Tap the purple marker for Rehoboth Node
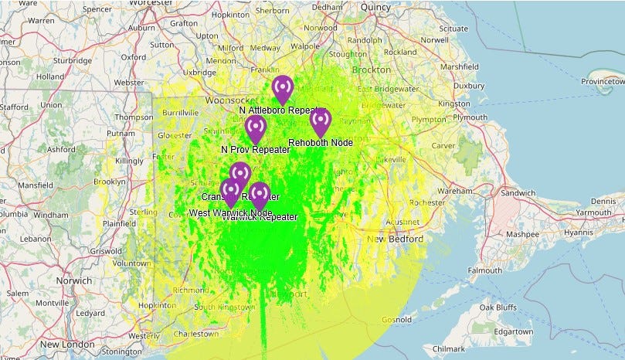(321, 121)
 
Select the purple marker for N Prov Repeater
(256, 127)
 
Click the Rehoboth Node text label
(320, 143)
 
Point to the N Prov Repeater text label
(256, 150)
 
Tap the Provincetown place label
(603, 80)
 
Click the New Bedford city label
(396, 240)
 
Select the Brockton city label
(372, 70)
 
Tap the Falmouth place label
(485, 271)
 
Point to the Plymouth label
(470, 117)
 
